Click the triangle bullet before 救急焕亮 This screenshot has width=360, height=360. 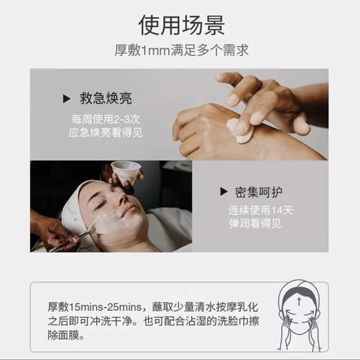coord(66,98)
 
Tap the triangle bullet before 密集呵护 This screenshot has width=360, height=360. coord(224,192)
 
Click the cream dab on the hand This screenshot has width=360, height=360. coord(240,132)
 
